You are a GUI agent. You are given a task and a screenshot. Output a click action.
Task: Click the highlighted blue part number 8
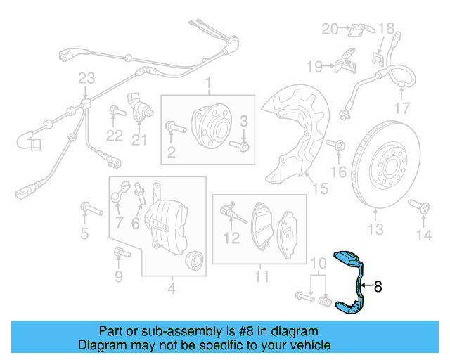(x=350, y=281)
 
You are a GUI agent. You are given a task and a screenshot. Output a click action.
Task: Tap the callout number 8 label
(x=378, y=286)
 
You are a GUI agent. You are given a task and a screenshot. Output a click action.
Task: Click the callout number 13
(x=375, y=229)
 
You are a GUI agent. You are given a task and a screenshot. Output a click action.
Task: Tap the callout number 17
(x=401, y=108)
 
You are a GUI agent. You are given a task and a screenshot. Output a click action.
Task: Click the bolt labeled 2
(x=175, y=128)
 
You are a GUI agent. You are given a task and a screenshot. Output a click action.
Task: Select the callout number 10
(x=318, y=264)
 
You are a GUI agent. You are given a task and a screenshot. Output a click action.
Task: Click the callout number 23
(x=86, y=77)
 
